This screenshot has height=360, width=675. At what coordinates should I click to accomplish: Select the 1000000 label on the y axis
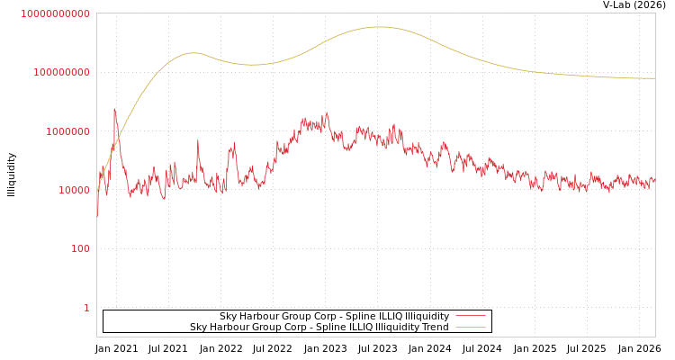coord(65,131)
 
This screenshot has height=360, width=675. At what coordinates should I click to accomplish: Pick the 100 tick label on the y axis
coord(80,248)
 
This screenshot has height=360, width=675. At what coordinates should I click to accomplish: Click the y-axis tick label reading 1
coord(86,308)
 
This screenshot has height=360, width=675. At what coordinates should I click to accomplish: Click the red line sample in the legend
coord(470,316)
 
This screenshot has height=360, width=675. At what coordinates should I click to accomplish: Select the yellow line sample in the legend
coord(470,327)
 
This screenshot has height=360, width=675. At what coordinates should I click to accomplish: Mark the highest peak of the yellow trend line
coord(379,27)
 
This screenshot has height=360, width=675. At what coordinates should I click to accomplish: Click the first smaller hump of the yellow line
coord(193,53)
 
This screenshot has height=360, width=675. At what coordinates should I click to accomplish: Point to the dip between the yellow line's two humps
coord(249,65)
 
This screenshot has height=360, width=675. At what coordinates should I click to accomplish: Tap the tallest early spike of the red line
coord(114,109)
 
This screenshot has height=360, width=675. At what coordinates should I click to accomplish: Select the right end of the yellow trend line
coord(654,78)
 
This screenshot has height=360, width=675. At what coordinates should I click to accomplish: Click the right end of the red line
coord(654,181)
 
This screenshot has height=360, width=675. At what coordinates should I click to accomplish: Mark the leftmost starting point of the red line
coord(97,216)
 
